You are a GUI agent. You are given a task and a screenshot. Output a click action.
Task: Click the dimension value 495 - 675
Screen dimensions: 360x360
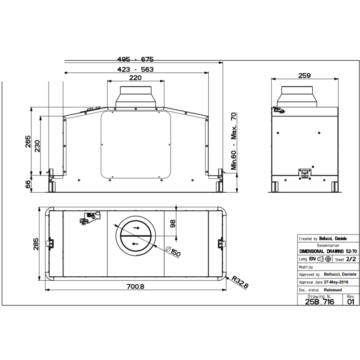point(135,59)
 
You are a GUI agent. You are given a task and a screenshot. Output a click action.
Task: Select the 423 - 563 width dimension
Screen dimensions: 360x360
point(135,69)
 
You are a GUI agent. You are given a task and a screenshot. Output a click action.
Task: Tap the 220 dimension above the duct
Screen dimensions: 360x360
point(135,78)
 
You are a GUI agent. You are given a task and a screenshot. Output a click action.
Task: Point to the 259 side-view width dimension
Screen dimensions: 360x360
point(305,76)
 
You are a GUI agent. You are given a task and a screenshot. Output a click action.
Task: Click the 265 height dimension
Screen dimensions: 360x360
point(28,144)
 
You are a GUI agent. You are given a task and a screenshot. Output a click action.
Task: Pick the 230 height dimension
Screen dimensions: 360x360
point(38,145)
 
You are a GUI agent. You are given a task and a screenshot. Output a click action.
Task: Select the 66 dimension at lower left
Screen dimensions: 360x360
point(28,184)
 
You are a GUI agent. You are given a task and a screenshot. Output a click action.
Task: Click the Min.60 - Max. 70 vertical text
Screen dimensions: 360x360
point(234,141)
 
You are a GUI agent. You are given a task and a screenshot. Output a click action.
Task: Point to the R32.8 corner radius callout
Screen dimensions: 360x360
point(240,282)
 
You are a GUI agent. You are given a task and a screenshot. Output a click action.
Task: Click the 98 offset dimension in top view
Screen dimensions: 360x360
point(173,223)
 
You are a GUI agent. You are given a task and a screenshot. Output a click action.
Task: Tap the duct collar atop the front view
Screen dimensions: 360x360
point(135,96)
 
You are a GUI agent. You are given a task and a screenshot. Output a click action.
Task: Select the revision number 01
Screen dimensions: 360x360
point(351,302)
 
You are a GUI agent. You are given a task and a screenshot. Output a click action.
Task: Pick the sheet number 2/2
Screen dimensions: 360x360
point(351,260)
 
